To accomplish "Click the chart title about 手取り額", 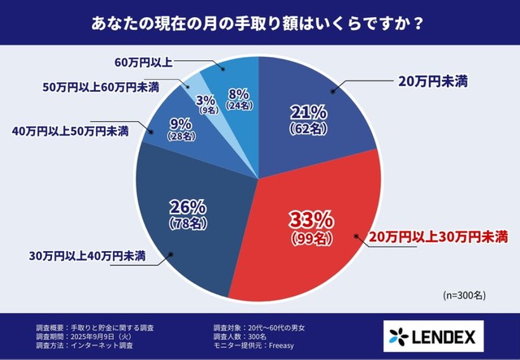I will (259, 23).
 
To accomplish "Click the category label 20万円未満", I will (431, 81).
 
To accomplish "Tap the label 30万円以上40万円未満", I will (80, 257).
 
